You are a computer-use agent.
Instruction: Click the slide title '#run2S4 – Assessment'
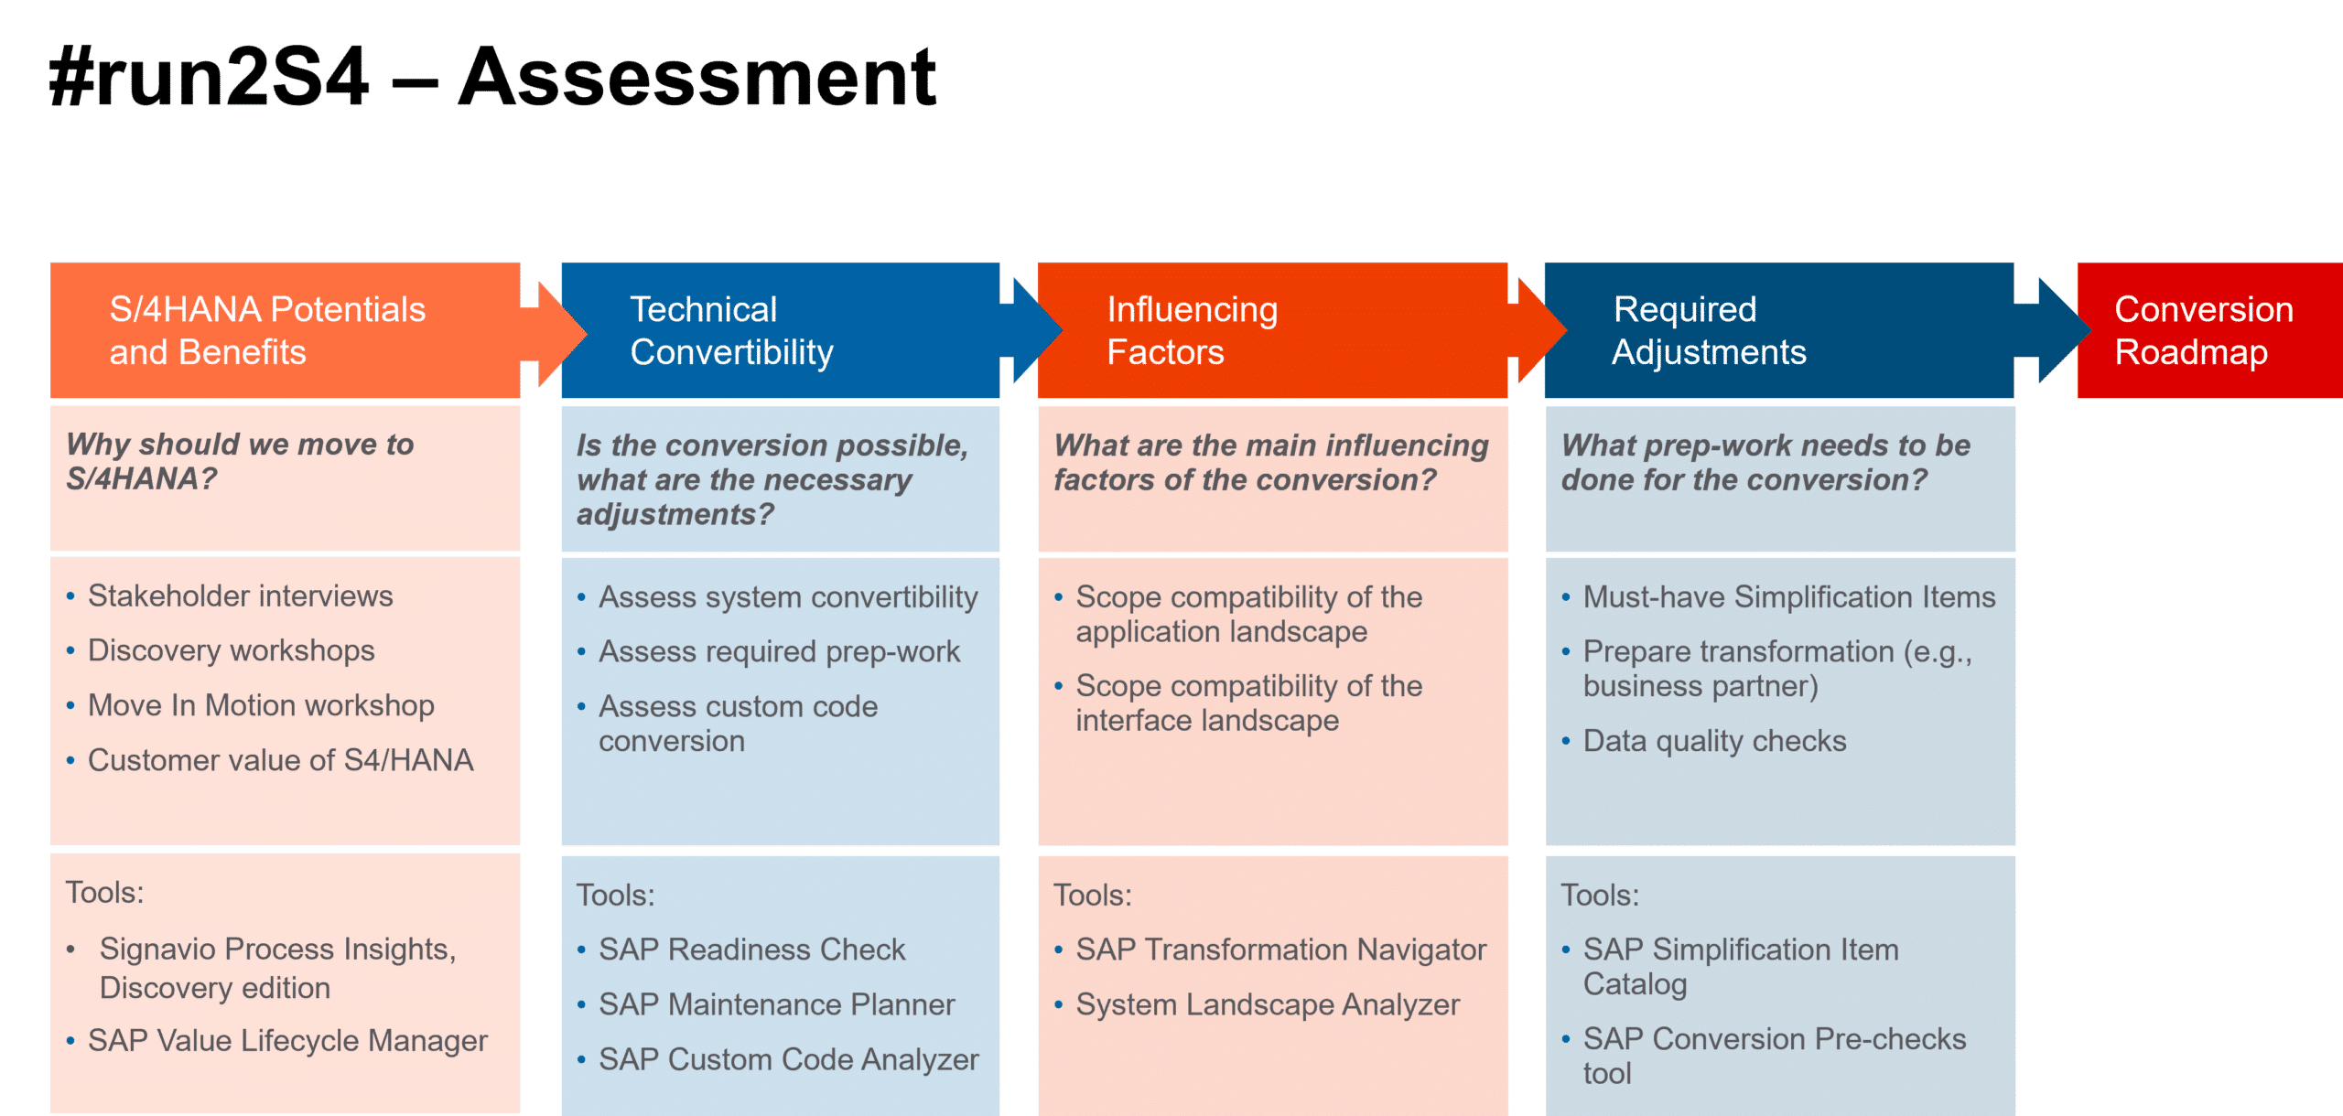click(492, 77)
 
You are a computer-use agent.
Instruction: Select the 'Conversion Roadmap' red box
click(2209, 330)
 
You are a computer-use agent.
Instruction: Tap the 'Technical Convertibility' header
click(731, 330)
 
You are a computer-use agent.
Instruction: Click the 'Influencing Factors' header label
click(1192, 330)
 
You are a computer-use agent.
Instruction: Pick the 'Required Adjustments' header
click(1709, 330)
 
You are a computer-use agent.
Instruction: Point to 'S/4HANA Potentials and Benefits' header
click(267, 330)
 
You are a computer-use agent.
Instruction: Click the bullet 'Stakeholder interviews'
click(240, 596)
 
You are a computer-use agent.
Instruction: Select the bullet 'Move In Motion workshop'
click(261, 705)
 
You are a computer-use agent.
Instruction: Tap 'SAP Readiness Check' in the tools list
click(751, 950)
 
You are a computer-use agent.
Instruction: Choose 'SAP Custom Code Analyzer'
click(788, 1059)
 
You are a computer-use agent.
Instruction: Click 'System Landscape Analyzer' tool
click(1268, 1004)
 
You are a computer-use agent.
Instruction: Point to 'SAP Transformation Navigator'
click(1280, 950)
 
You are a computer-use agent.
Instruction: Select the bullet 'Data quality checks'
click(1714, 741)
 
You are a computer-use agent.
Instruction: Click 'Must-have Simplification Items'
click(1789, 596)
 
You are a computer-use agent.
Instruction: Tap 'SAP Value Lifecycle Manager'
click(287, 1041)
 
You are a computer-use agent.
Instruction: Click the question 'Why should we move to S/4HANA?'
click(240, 461)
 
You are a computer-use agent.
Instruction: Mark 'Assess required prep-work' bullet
click(779, 651)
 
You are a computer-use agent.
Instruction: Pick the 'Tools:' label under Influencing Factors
click(1092, 895)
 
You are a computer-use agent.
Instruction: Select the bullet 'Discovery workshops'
click(231, 650)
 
